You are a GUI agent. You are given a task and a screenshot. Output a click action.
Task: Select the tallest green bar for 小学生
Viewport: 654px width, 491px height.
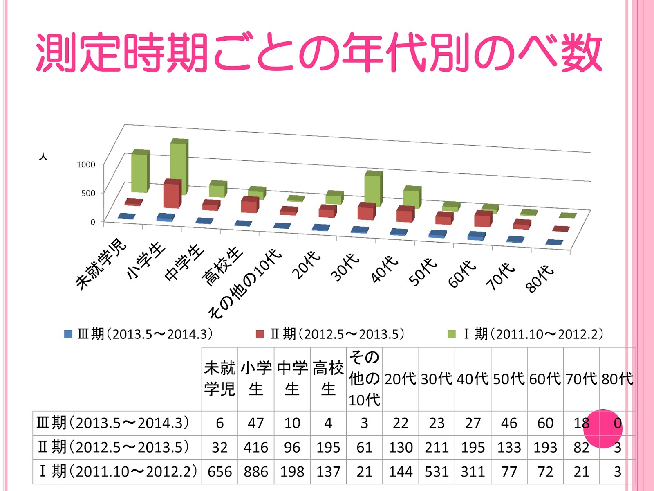(x=179, y=168)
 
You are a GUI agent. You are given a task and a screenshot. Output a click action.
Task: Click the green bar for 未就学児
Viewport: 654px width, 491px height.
(x=140, y=172)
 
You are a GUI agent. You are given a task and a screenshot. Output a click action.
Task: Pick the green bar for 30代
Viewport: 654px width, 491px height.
(x=373, y=189)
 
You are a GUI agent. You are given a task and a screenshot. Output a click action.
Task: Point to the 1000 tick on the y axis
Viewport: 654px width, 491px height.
(x=86, y=164)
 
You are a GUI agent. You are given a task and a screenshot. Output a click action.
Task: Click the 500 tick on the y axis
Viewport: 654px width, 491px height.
(x=88, y=193)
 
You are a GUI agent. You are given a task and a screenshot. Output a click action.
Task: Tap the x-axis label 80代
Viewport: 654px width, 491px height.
(x=540, y=278)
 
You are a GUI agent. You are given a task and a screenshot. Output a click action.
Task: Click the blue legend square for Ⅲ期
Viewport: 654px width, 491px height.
(x=68, y=334)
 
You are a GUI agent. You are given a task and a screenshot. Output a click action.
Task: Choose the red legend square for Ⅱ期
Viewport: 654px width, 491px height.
(x=260, y=334)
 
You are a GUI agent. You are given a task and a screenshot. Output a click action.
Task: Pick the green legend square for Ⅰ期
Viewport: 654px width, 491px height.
(x=452, y=334)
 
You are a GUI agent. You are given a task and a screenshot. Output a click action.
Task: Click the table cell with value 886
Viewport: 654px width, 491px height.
(x=256, y=472)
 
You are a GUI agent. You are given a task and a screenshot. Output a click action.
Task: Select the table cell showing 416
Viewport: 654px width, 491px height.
(x=256, y=447)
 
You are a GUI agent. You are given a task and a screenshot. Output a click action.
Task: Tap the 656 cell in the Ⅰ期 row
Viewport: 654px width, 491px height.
(x=219, y=472)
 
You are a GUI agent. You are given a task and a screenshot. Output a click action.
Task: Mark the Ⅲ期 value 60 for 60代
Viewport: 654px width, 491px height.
(x=545, y=423)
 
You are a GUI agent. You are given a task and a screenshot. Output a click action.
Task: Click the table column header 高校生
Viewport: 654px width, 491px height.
(x=328, y=379)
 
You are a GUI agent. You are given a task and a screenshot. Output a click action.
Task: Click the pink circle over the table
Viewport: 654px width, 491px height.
(x=602, y=428)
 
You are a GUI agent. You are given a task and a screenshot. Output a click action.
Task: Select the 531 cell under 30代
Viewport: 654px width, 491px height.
(x=437, y=472)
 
